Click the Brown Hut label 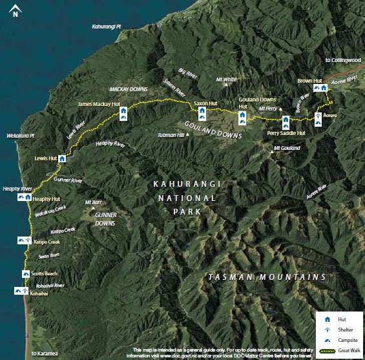[x=309, y=81]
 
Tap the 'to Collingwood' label [x=342, y=59]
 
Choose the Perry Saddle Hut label [x=286, y=133]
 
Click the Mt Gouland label [x=287, y=149]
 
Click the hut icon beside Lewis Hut [x=63, y=157]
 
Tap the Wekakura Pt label [x=19, y=137]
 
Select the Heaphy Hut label [x=46, y=199]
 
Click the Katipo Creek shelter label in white [x=46, y=241]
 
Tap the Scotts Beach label [x=44, y=273]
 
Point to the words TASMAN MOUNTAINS [x=267, y=277]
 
